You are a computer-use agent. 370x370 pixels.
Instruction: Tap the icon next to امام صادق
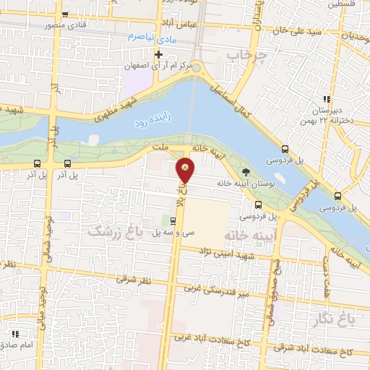15,334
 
